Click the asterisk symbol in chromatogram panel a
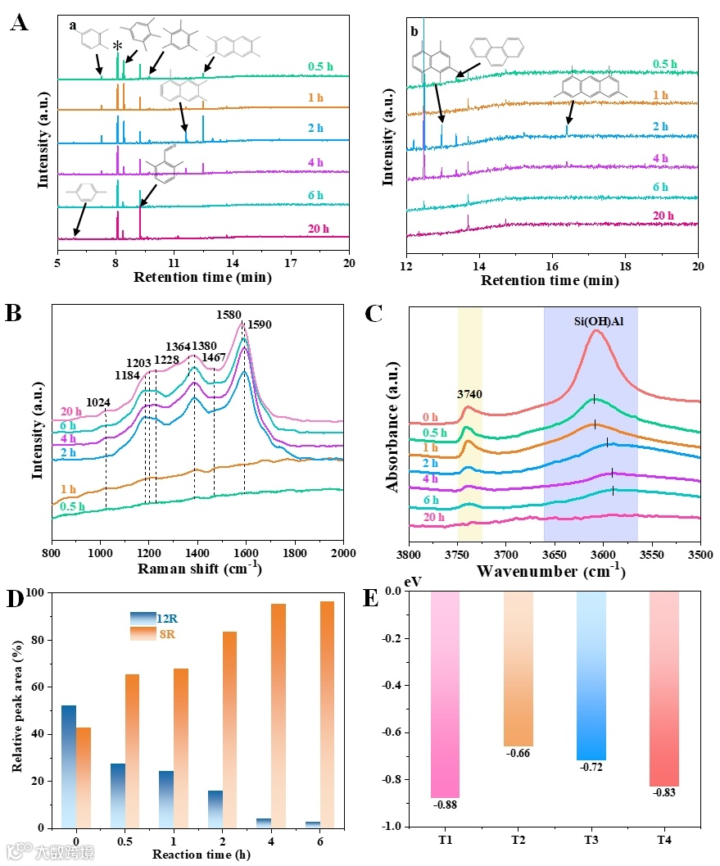[x=118, y=46]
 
